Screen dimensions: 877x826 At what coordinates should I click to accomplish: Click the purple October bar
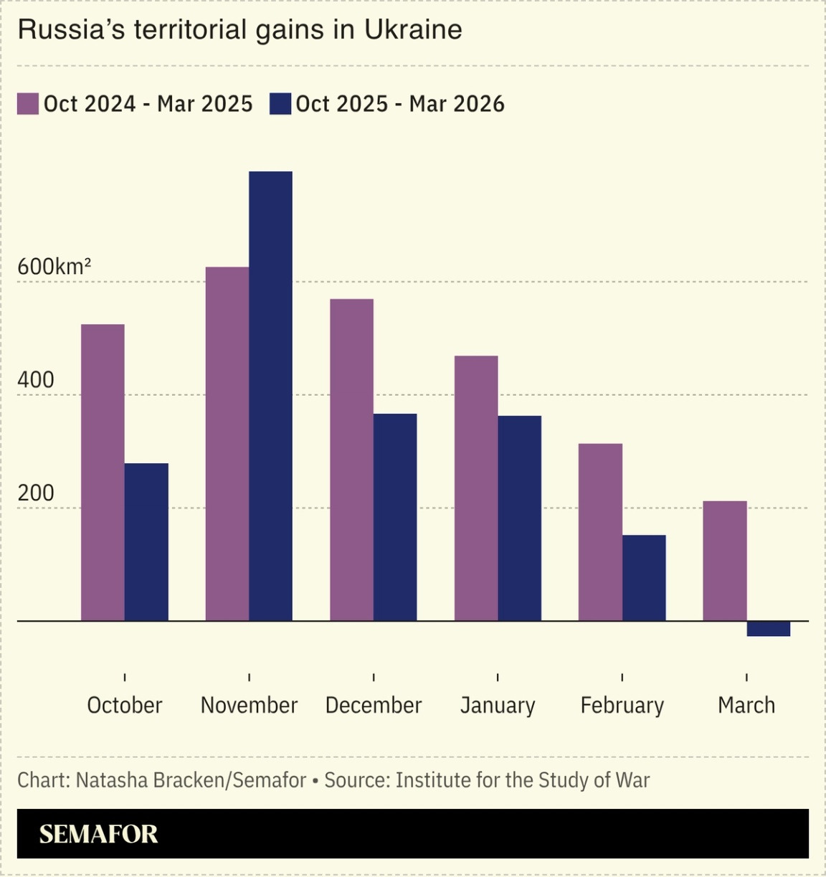103,473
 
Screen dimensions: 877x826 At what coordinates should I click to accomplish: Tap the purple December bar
351,460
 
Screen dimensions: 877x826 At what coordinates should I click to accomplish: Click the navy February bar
644,577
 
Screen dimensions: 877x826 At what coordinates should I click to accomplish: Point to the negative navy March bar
768,629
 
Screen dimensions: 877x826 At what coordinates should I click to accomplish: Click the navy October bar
146,541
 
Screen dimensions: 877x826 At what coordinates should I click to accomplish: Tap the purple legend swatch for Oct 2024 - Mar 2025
28,104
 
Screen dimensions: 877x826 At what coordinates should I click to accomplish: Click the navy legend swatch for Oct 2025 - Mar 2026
280,104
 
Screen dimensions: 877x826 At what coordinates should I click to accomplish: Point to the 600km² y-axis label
54,267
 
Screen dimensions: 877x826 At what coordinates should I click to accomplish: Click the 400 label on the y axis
36,380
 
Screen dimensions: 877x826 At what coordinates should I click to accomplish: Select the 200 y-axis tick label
36,493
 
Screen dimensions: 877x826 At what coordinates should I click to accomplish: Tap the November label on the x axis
249,705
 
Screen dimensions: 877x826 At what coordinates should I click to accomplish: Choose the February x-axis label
622,705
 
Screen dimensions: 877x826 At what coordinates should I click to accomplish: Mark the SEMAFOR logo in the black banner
98,834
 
